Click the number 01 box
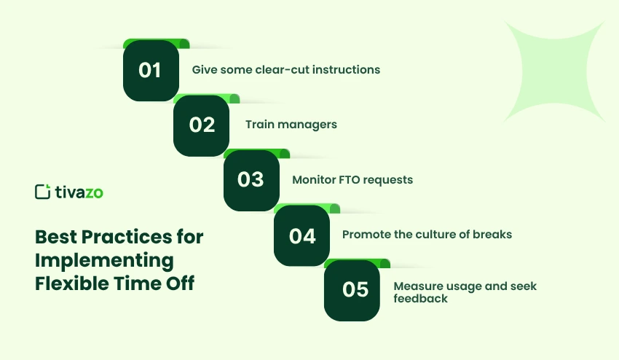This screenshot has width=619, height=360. (x=151, y=71)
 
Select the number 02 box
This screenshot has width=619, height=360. (x=201, y=125)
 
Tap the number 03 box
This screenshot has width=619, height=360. (x=251, y=179)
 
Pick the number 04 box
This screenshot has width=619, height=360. (x=301, y=235)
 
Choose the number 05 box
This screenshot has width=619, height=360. (x=352, y=289)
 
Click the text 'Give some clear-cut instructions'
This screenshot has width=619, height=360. (x=285, y=70)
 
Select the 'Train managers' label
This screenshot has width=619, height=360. (x=291, y=125)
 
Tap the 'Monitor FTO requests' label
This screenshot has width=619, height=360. (x=352, y=179)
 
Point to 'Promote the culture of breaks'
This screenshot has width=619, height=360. (x=427, y=235)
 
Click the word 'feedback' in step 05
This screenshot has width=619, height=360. (x=420, y=299)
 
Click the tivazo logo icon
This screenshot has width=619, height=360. (x=42, y=192)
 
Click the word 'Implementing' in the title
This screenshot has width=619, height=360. (x=104, y=260)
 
